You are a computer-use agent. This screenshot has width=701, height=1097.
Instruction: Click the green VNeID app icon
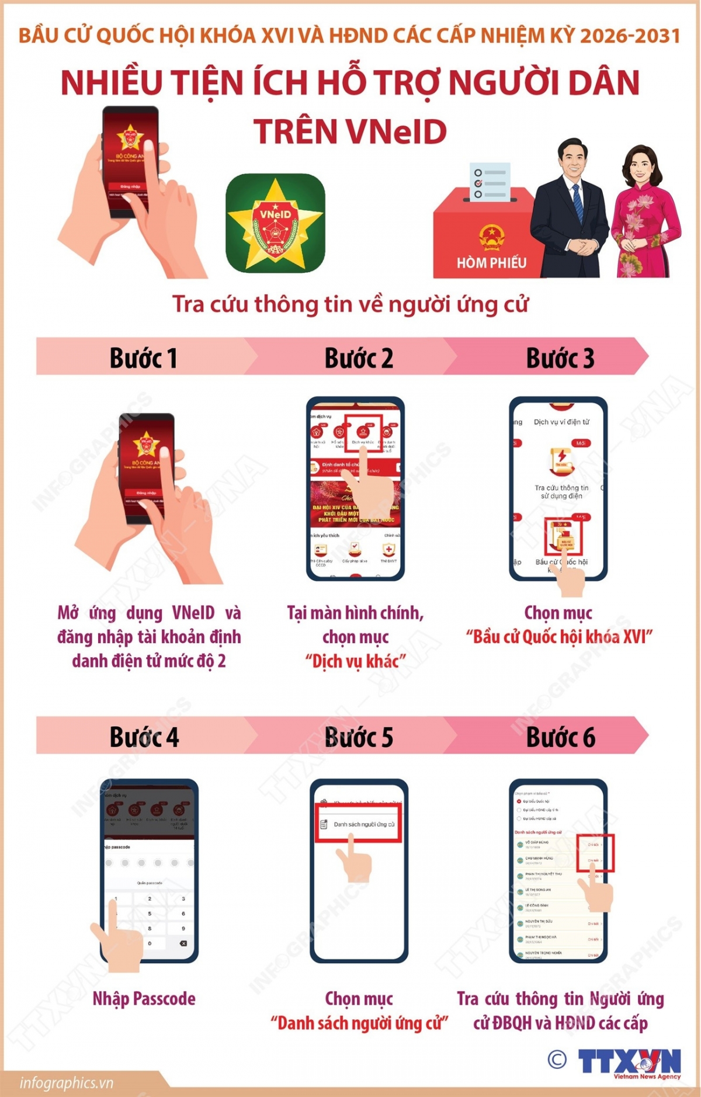pyautogui.click(x=275, y=223)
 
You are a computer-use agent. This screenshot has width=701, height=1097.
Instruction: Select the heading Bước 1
pyautogui.click(x=143, y=357)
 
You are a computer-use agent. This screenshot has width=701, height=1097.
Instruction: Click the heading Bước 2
pyautogui.click(x=359, y=357)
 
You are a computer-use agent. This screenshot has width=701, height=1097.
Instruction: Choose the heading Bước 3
pyautogui.click(x=560, y=357)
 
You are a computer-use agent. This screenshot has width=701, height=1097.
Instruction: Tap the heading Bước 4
pyautogui.click(x=144, y=737)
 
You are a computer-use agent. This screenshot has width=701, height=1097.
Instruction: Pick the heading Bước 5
pyautogui.click(x=359, y=737)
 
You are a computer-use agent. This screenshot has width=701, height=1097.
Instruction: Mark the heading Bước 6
pyautogui.click(x=560, y=737)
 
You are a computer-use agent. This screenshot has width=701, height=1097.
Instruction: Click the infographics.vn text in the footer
pyautogui.click(x=66, y=1083)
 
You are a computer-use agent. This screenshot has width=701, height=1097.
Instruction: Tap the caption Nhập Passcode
pyautogui.click(x=144, y=998)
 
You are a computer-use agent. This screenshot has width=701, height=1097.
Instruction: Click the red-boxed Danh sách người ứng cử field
pyautogui.click(x=359, y=824)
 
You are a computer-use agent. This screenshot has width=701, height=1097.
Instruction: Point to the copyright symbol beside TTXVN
pyautogui.click(x=557, y=1059)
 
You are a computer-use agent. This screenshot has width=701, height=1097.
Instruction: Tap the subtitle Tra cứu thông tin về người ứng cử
pyautogui.click(x=350, y=304)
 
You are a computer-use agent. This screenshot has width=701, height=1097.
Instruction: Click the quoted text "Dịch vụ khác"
pyautogui.click(x=355, y=661)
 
